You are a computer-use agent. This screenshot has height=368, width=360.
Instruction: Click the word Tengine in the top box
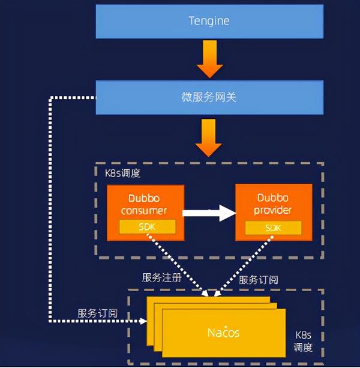(209, 21)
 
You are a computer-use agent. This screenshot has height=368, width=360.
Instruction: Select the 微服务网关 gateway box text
(209, 96)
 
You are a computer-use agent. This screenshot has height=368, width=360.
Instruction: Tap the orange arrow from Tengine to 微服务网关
(209, 59)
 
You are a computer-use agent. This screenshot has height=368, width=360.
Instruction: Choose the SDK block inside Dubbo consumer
(147, 227)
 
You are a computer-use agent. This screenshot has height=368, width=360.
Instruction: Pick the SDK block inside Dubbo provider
(273, 228)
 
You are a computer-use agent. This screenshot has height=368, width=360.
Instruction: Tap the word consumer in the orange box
(144, 210)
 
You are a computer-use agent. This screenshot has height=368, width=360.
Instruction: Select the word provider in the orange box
(272, 210)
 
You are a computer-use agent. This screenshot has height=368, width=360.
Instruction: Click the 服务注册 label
(160, 278)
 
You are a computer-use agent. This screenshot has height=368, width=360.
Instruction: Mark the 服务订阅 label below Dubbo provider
(259, 280)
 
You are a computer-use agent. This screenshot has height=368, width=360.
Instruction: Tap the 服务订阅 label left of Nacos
(97, 313)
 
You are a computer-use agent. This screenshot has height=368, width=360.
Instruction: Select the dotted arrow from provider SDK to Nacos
(243, 262)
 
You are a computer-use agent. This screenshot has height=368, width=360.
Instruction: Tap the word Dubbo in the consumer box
(144, 198)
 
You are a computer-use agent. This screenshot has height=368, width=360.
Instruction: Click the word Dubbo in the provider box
(272, 198)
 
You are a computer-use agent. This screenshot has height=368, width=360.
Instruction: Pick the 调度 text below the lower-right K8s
(303, 348)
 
